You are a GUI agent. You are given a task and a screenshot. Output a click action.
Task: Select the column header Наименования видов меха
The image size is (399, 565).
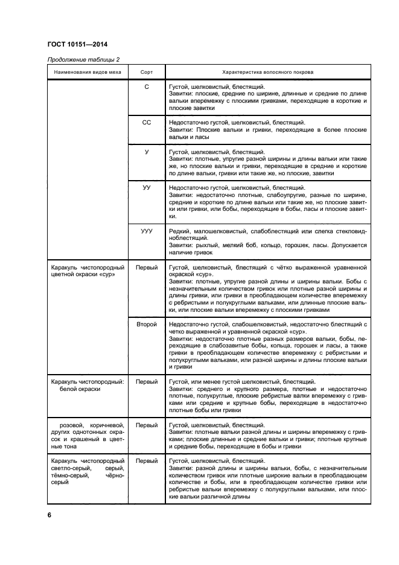[88, 71]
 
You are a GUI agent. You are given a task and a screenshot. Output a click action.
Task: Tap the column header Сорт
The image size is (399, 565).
[146, 71]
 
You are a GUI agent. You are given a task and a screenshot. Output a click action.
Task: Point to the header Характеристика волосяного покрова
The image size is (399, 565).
[267, 71]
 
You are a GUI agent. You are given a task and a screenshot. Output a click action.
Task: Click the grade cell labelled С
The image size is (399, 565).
[146, 88]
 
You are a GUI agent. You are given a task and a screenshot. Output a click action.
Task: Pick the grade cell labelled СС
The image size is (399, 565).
[146, 121]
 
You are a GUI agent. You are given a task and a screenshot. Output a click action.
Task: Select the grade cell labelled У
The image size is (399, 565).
[146, 152]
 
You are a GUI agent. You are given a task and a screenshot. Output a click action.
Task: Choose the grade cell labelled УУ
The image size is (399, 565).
[146, 188]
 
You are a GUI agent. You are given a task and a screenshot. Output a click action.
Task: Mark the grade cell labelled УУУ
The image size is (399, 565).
[146, 231]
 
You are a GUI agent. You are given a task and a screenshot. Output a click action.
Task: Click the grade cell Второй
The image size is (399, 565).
[146, 324]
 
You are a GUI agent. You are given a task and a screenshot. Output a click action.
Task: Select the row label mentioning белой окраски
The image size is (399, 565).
[88, 386]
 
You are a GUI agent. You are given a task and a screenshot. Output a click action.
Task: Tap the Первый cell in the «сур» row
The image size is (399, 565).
[146, 266]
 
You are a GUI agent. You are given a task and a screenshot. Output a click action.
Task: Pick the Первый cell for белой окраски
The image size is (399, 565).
[146, 382]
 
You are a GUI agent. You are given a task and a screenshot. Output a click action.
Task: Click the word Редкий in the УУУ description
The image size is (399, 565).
[179, 231]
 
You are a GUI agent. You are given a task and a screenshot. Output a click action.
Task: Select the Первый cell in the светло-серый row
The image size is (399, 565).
[146, 460]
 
